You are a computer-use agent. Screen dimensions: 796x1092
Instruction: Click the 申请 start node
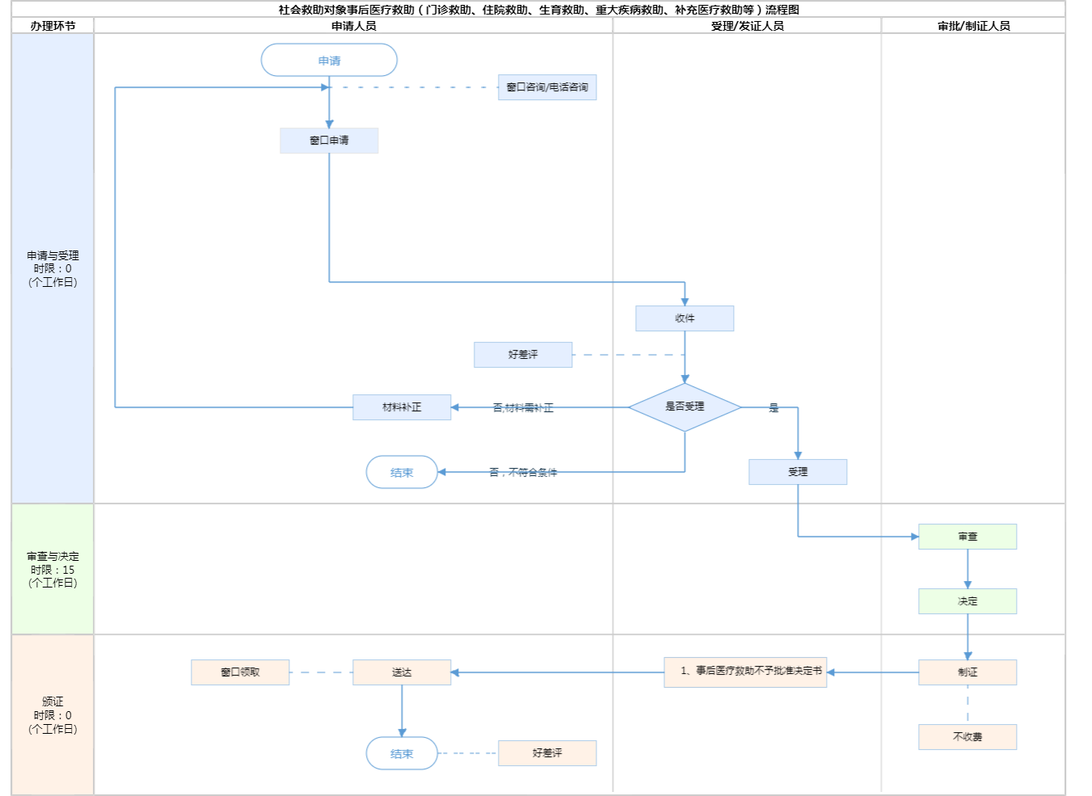(x=329, y=61)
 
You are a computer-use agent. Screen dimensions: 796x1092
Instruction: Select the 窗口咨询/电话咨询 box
(x=547, y=87)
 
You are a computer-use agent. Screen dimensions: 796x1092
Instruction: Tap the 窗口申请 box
(x=329, y=141)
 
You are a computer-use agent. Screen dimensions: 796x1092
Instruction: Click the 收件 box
(x=685, y=318)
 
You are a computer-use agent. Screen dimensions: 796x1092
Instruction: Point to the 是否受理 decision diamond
(x=685, y=407)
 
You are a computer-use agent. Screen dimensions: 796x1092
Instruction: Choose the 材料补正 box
(x=402, y=407)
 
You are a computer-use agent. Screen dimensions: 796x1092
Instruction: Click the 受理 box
(x=798, y=472)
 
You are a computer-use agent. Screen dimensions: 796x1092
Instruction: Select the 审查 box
(x=968, y=537)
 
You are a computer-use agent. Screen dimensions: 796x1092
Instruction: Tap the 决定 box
(x=968, y=601)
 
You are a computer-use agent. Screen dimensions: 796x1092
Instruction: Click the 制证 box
(x=968, y=672)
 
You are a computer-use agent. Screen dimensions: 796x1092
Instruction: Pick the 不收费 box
(x=968, y=737)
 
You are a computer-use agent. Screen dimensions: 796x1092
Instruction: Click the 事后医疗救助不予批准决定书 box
(x=745, y=672)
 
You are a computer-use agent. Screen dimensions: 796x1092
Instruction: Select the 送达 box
(x=402, y=672)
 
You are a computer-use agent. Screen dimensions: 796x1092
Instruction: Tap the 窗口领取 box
(x=240, y=672)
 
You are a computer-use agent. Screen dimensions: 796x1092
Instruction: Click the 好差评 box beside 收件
(x=523, y=355)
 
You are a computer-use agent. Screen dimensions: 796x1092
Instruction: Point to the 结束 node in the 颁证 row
(x=402, y=753)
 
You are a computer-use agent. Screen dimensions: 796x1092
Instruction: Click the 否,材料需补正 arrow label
(x=523, y=408)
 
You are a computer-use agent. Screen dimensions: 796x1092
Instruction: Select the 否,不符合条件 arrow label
(x=523, y=473)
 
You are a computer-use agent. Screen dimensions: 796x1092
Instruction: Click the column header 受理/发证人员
(x=747, y=26)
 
